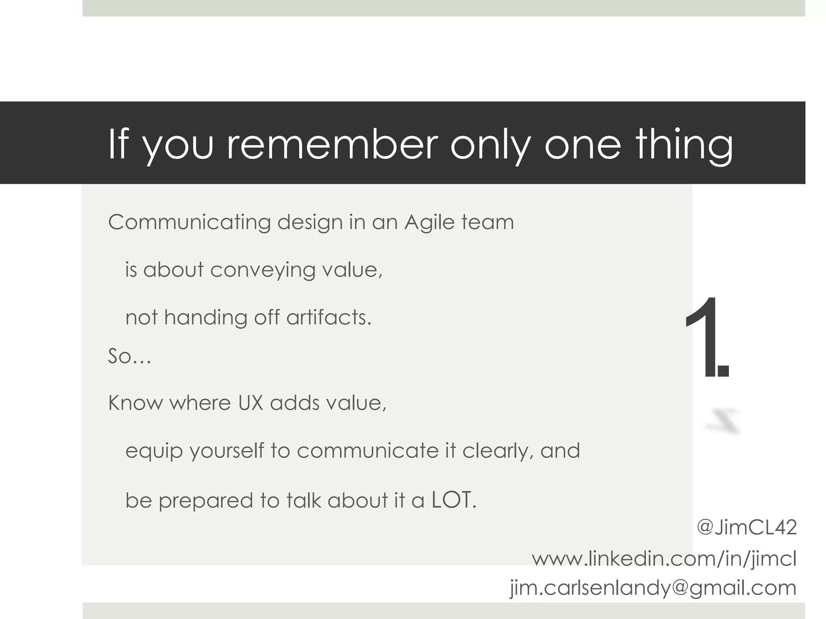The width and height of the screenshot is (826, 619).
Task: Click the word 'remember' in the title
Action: [332, 144]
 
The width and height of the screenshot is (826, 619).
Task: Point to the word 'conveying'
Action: [263, 270]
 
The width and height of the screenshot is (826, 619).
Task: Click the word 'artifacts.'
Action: [329, 318]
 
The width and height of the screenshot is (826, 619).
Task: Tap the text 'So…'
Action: [129, 356]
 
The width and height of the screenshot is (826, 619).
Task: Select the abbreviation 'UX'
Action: [250, 403]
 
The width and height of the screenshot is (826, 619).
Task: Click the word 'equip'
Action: [154, 451]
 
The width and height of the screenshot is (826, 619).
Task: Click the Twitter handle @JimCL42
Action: [747, 528]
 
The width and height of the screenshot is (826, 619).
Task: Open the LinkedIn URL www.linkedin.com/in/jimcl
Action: [664, 559]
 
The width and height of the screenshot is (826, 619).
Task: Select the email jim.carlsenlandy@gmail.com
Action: [653, 588]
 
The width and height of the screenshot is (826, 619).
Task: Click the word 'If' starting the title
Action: [119, 144]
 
